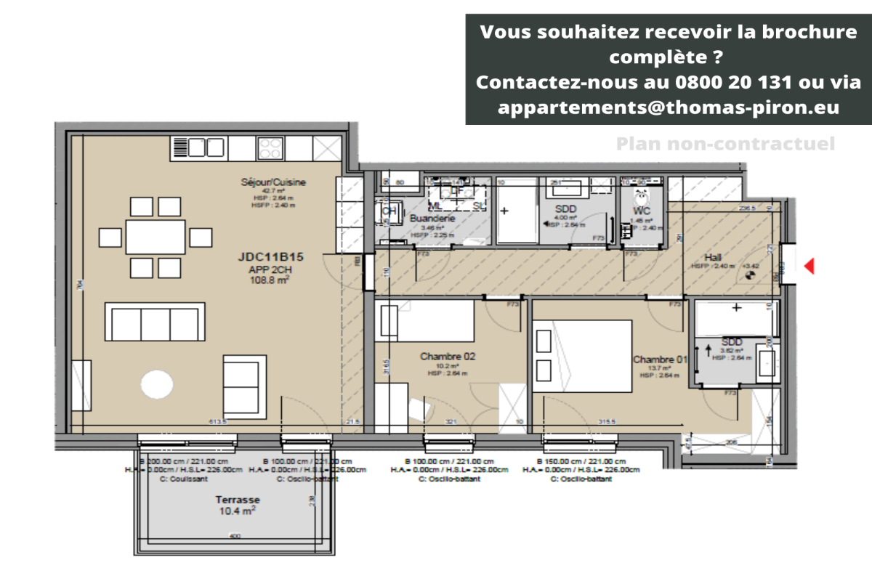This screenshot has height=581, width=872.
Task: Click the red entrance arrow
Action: coord(808,267)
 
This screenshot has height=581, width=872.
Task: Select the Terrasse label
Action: coord(238,500)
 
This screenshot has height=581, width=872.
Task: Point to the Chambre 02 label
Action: coord(447,357)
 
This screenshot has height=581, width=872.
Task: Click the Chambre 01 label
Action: coord(659,359)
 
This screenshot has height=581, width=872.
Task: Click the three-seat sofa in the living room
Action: coord(154,322)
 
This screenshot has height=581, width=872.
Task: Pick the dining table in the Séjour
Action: coord(155,237)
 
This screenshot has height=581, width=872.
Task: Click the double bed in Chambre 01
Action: coord(581,356)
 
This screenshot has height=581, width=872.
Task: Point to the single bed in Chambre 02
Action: coord(425,322)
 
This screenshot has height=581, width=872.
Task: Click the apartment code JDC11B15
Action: coord(270,257)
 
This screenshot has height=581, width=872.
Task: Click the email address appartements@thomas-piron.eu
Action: coord(669,107)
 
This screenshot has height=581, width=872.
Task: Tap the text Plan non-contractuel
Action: coord(725,144)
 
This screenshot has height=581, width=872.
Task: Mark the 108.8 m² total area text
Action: coord(270,280)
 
